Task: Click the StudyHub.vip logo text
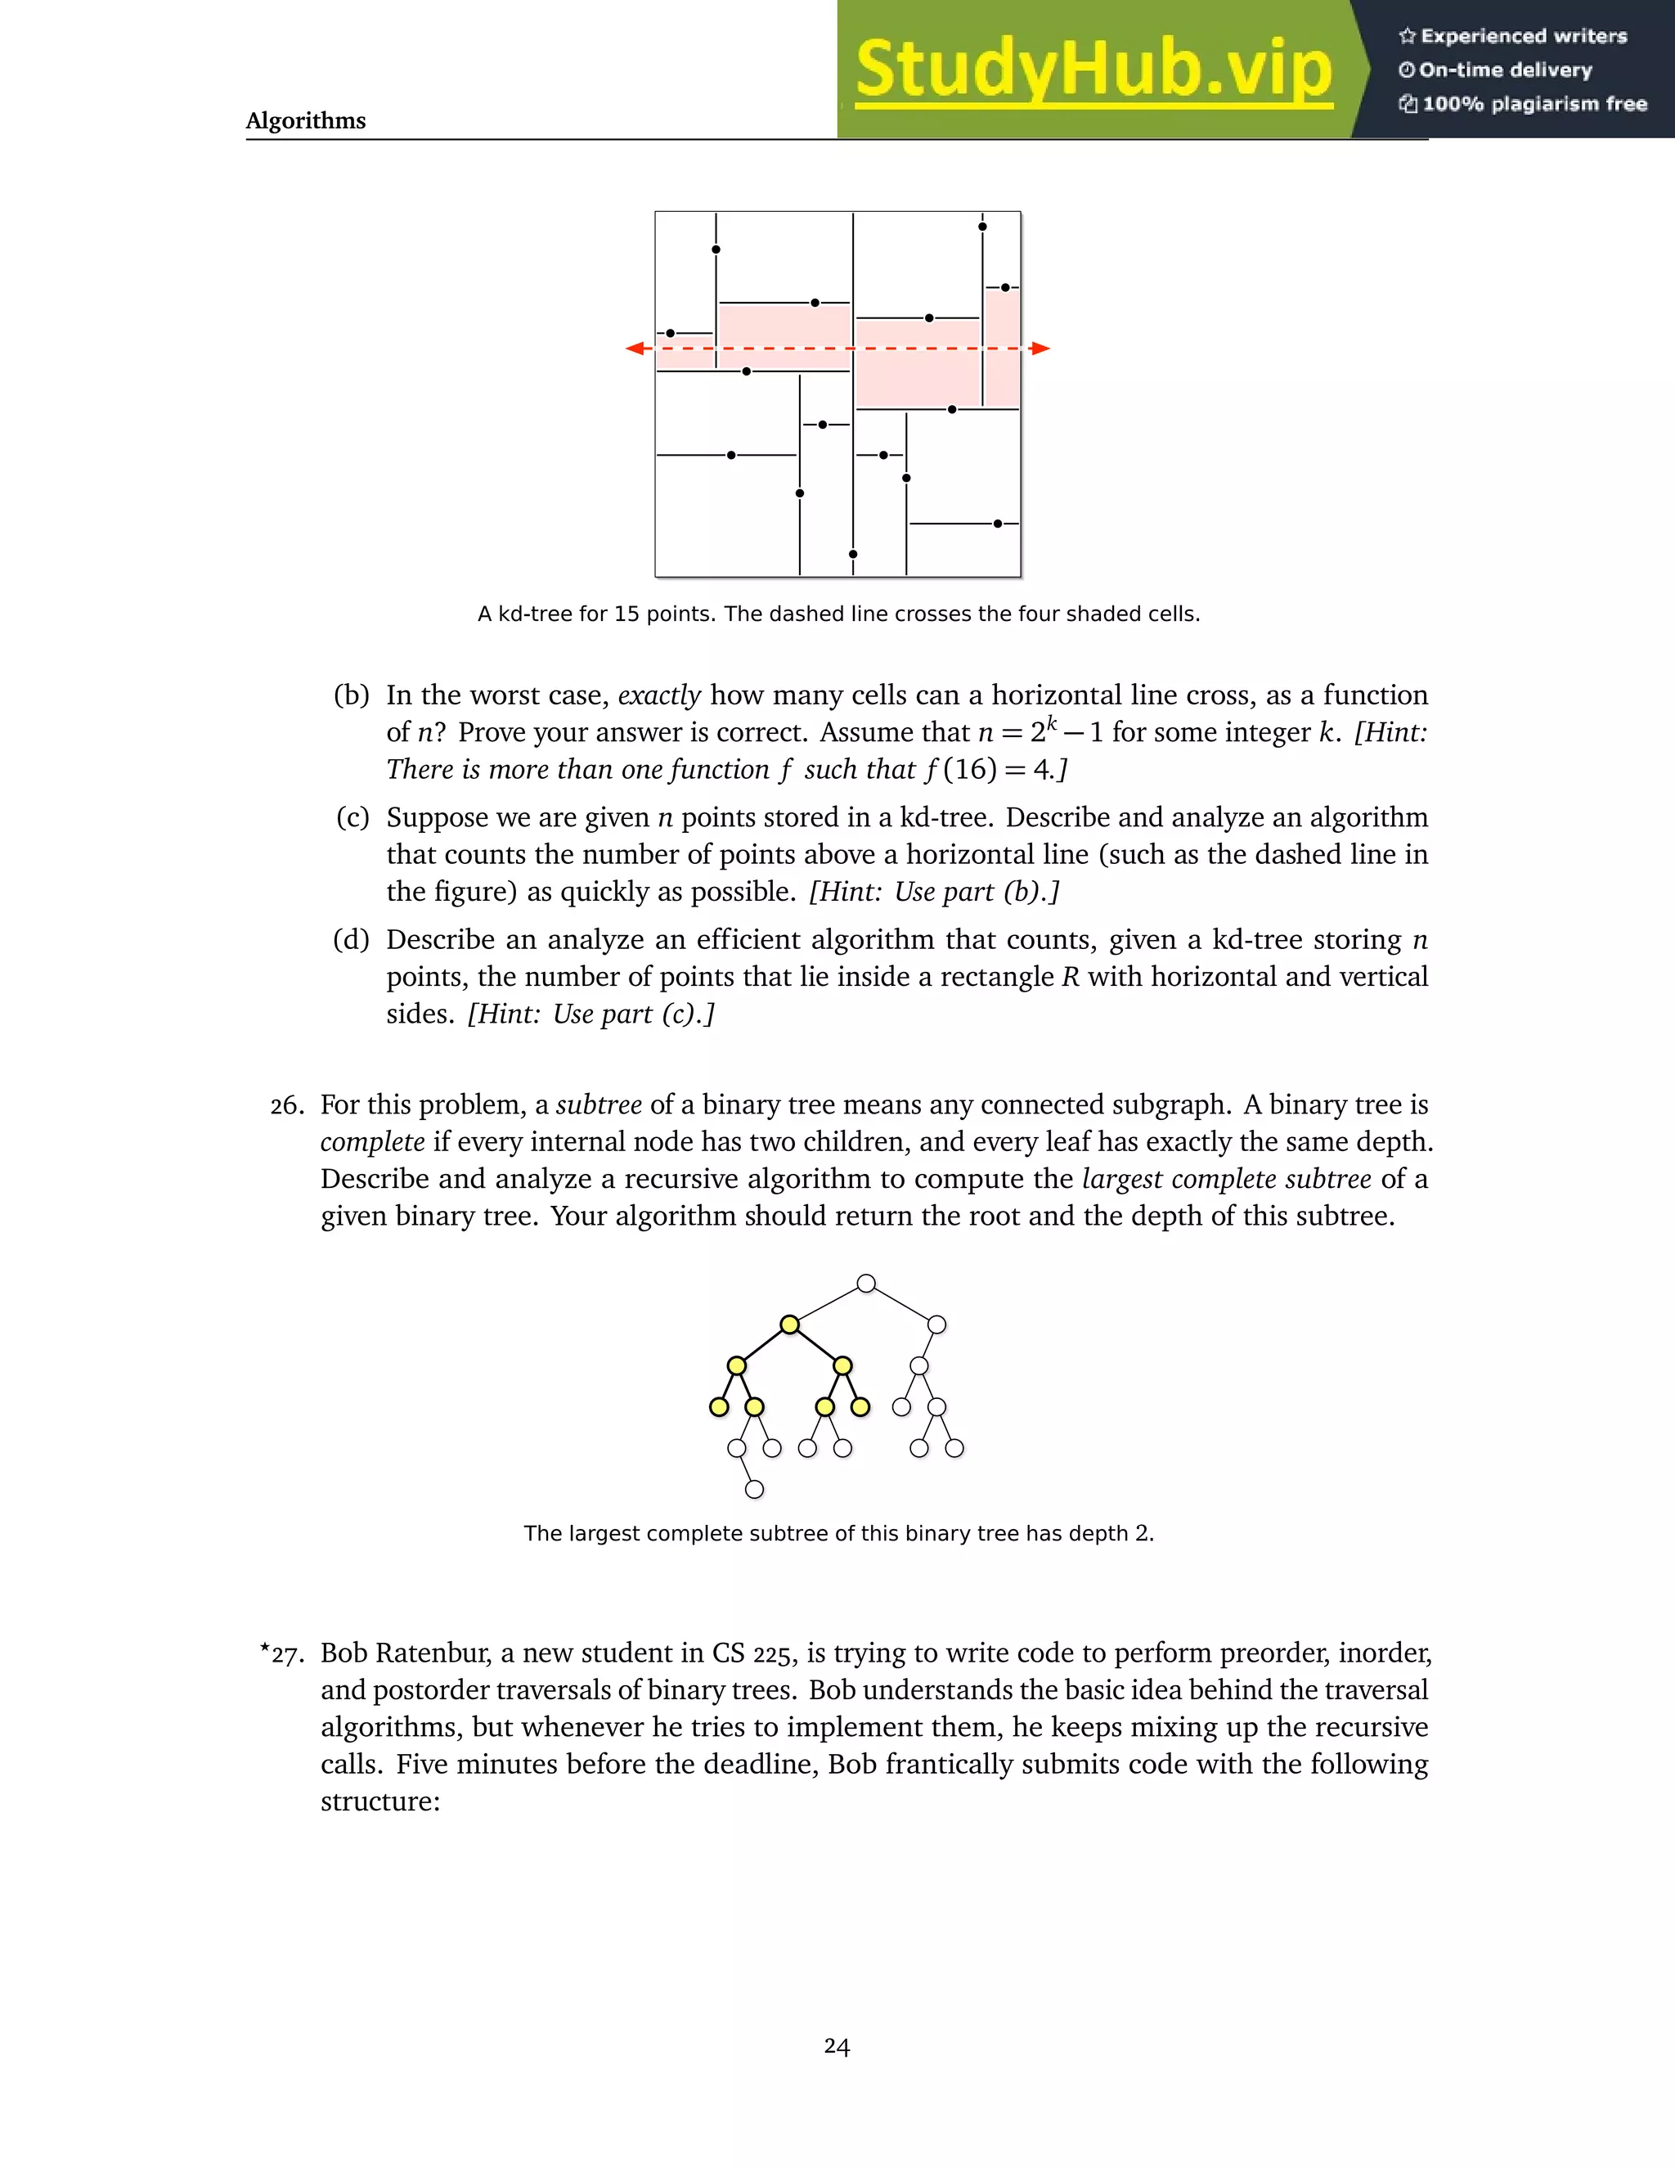click(x=1093, y=69)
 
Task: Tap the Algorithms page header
click(x=306, y=120)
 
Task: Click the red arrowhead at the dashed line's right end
click(x=1040, y=349)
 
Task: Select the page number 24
click(x=837, y=2046)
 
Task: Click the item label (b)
click(x=351, y=695)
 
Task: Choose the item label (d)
click(x=351, y=940)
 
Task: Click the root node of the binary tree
click(x=866, y=1284)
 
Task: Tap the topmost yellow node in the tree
click(x=790, y=1325)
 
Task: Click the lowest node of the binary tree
click(x=754, y=1489)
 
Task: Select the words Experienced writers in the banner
click(x=1523, y=37)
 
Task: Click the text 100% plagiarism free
click(x=1534, y=104)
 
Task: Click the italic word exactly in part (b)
click(x=659, y=695)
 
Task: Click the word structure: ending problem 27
click(x=380, y=1801)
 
